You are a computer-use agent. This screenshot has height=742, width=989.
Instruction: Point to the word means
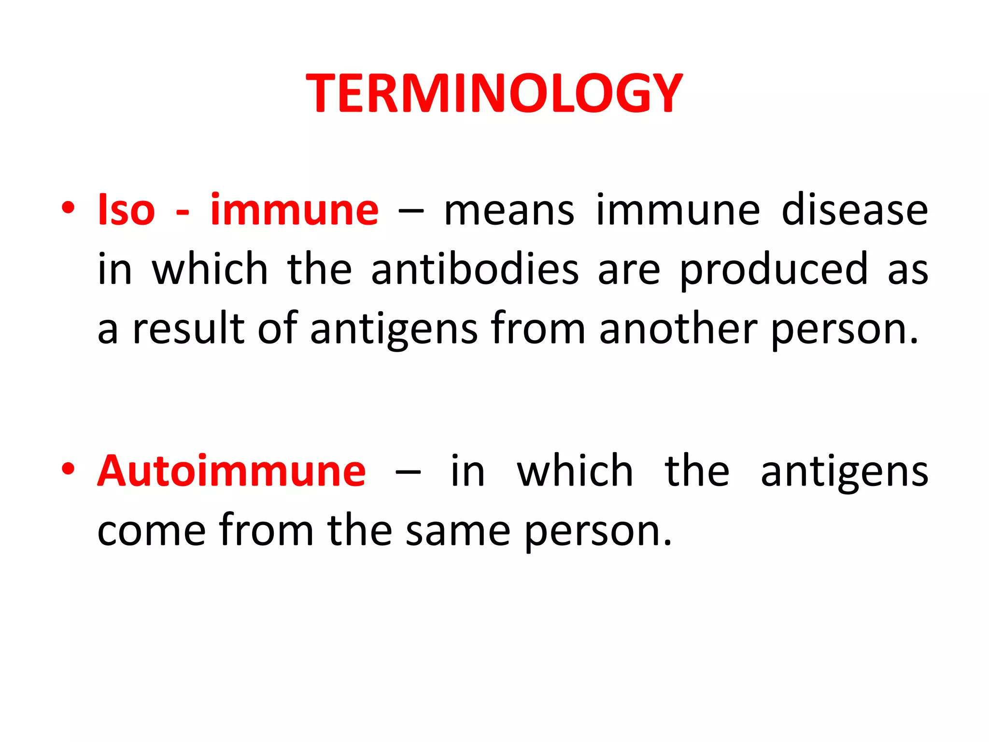pyautogui.click(x=509, y=211)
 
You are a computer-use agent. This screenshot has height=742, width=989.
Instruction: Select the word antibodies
pyautogui.click(x=475, y=269)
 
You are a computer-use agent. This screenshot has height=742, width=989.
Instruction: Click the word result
pyautogui.click(x=189, y=328)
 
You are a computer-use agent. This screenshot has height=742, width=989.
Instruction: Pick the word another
pyautogui.click(x=678, y=328)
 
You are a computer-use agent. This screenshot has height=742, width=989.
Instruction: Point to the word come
pyautogui.click(x=152, y=531)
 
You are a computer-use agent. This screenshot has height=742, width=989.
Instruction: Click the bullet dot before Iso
pyautogui.click(x=68, y=208)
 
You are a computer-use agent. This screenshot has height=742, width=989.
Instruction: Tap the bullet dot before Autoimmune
pyautogui.click(x=68, y=469)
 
